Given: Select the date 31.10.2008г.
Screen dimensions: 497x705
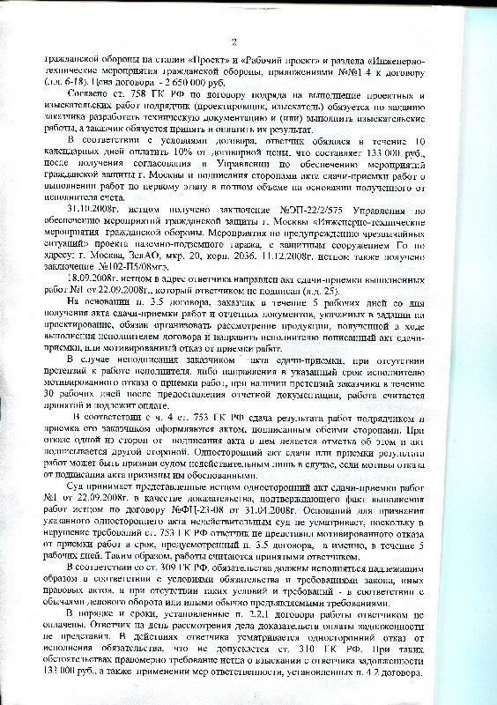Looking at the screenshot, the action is click(97, 197).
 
